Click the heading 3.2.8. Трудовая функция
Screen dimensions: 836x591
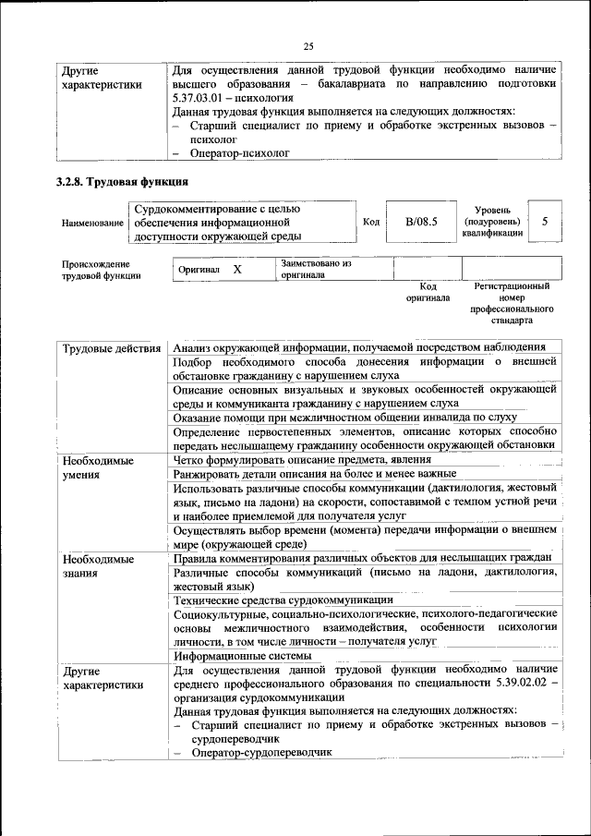coord(122,181)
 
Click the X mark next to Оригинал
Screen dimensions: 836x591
coord(236,269)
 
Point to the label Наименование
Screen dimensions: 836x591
coord(92,223)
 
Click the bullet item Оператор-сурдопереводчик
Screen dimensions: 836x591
coord(259,753)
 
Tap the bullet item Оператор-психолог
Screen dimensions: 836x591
coord(234,154)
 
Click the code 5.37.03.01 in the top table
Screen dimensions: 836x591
coord(203,97)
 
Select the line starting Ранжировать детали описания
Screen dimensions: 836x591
coord(295,473)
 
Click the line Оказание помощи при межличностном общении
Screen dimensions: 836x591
coord(344,418)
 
